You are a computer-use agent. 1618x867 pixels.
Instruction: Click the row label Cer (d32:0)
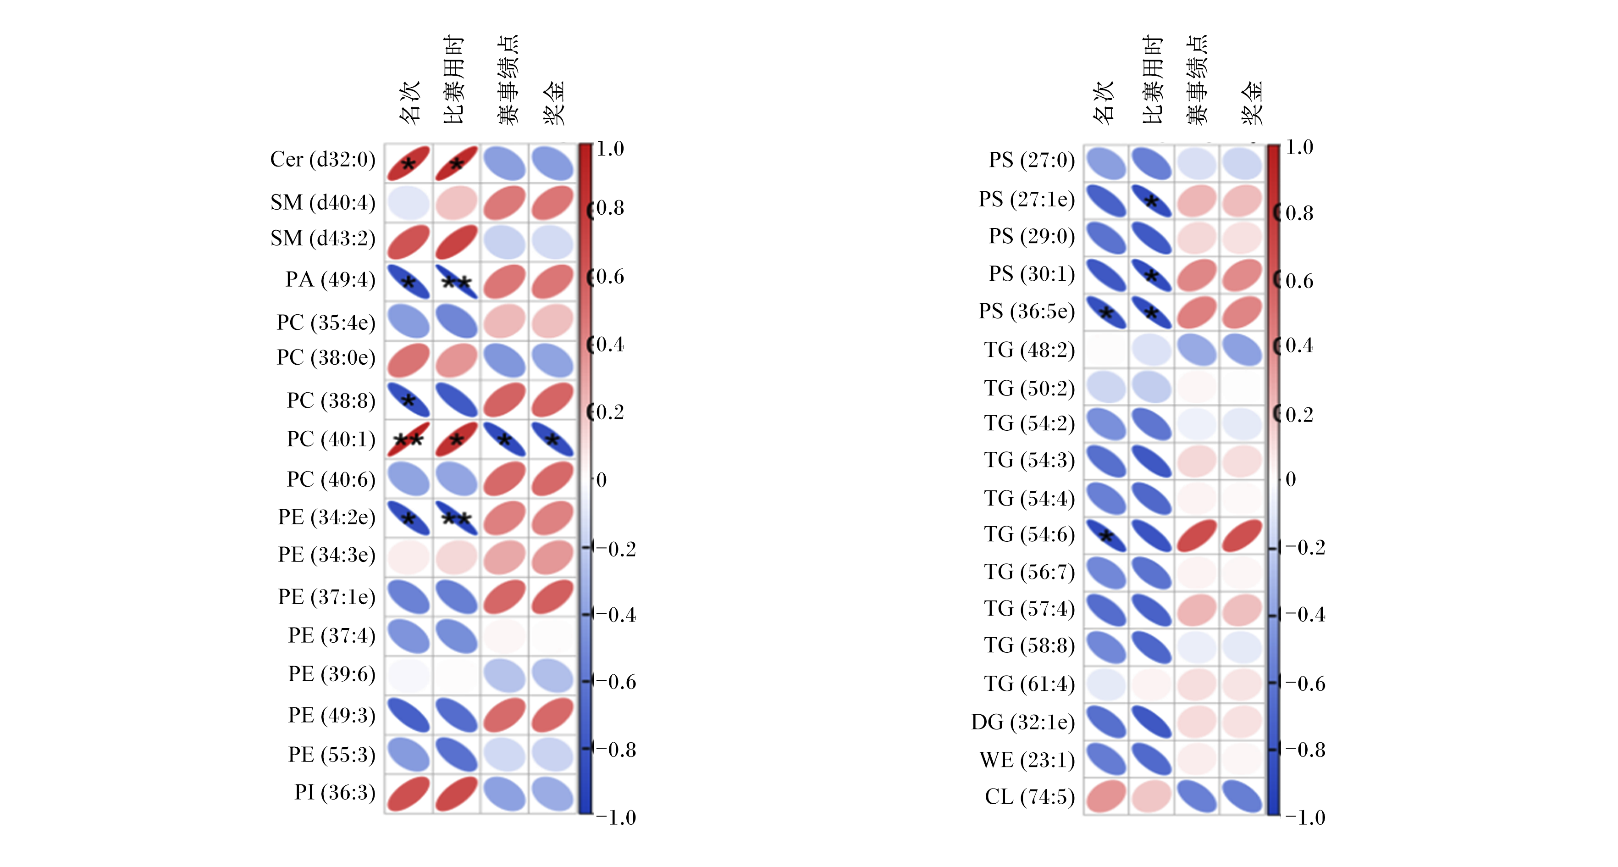pyautogui.click(x=322, y=160)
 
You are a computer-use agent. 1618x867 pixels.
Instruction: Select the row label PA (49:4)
pyautogui.click(x=331, y=279)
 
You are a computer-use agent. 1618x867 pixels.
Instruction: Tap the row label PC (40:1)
pyautogui.click(x=331, y=439)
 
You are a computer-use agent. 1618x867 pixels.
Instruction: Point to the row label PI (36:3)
pyautogui.click(x=335, y=793)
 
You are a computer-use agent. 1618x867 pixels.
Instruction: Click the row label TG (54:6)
pyautogui.click(x=1029, y=535)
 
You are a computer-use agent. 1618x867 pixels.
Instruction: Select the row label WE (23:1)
pyautogui.click(x=1027, y=760)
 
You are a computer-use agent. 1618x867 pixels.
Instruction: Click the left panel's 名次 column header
pyautogui.click(x=409, y=102)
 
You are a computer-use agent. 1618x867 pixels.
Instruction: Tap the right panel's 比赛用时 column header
pyautogui.click(x=1153, y=80)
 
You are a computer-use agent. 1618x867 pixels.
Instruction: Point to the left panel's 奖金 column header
pyautogui.click(x=553, y=102)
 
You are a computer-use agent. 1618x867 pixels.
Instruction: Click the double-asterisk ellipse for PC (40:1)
pyautogui.click(x=408, y=439)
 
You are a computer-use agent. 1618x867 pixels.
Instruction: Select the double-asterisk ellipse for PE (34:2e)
pyautogui.click(x=457, y=518)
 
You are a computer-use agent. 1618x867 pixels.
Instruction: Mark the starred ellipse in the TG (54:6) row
pyautogui.click(x=1106, y=536)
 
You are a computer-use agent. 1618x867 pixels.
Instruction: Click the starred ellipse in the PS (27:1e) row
pyautogui.click(x=1151, y=201)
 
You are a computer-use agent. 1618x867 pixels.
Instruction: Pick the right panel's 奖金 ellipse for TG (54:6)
pyautogui.click(x=1242, y=536)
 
